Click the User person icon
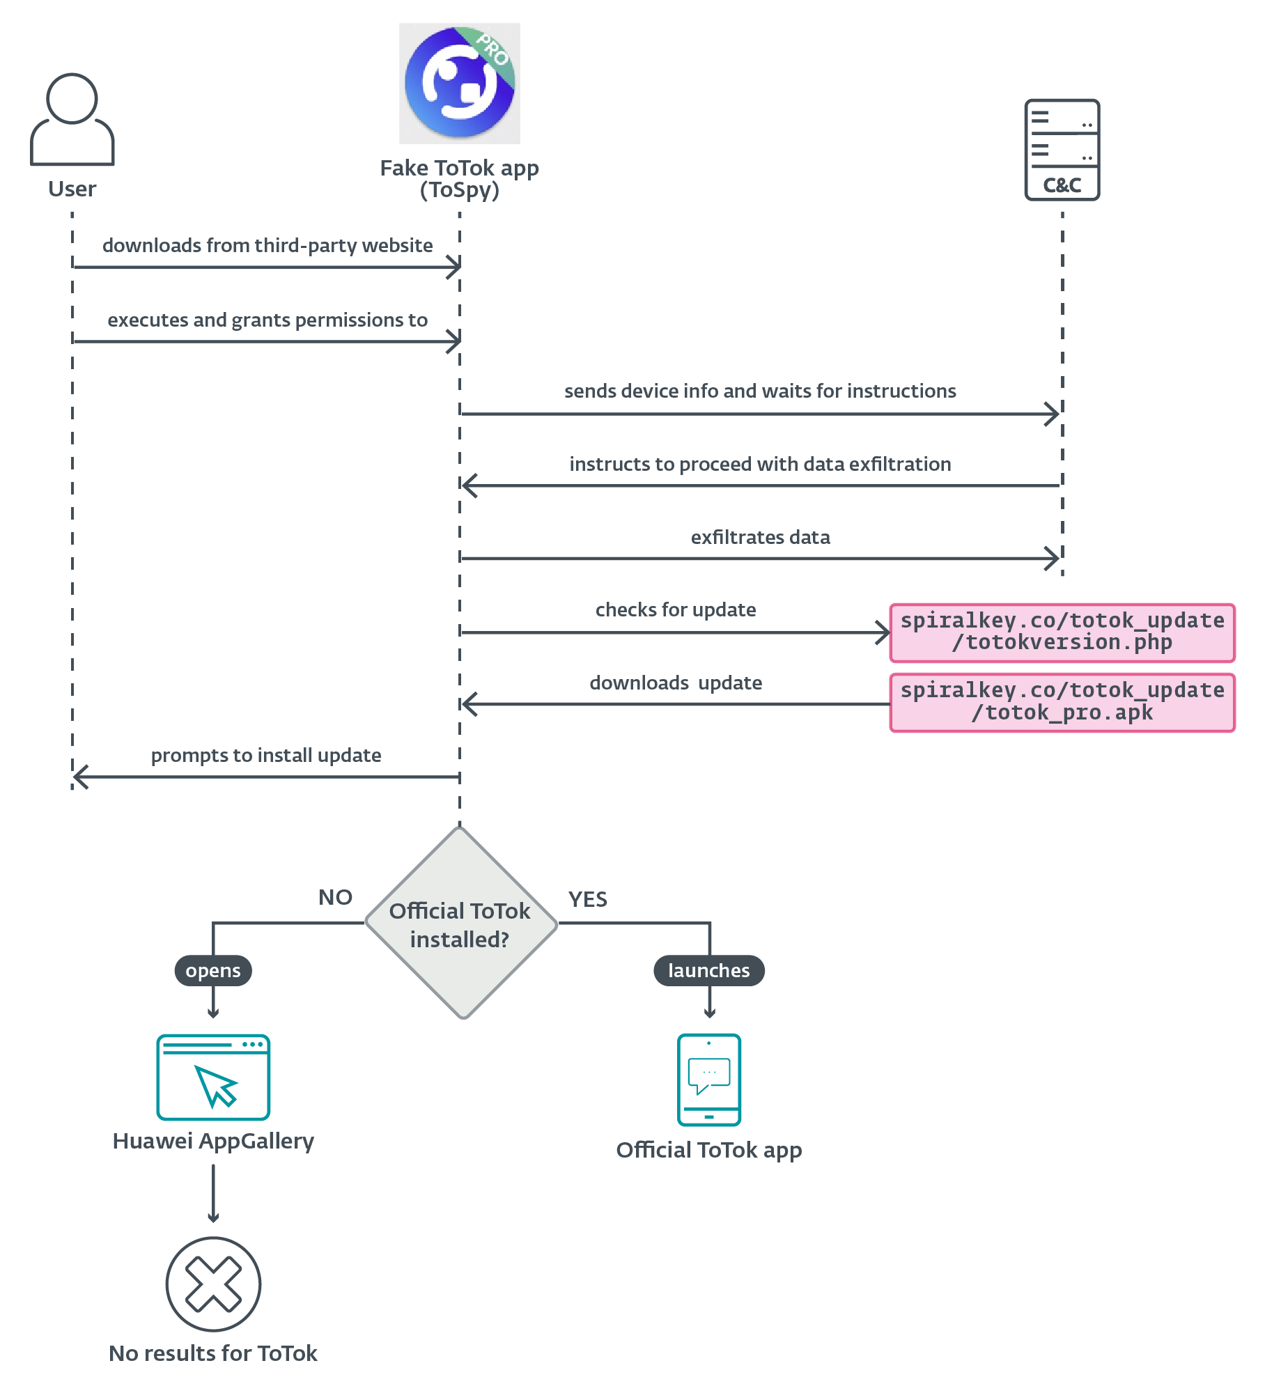pos(72,120)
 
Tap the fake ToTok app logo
pos(460,84)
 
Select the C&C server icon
pos(1062,150)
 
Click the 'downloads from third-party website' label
pos(267,246)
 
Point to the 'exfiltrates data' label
pos(760,538)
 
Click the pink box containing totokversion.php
pos(1062,632)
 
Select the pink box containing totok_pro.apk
pos(1062,702)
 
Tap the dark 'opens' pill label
pos(213,970)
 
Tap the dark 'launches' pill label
pos(708,970)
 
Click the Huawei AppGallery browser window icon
pos(213,1077)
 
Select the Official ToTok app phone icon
pos(708,1080)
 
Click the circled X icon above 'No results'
pos(213,1284)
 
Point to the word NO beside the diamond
pos(335,897)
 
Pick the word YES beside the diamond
pos(587,899)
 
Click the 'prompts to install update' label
pos(266,756)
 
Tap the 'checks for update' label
pos(676,610)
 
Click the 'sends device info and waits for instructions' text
pos(760,391)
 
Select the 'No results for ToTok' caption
pos(213,1353)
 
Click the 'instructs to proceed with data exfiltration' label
pos(760,465)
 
